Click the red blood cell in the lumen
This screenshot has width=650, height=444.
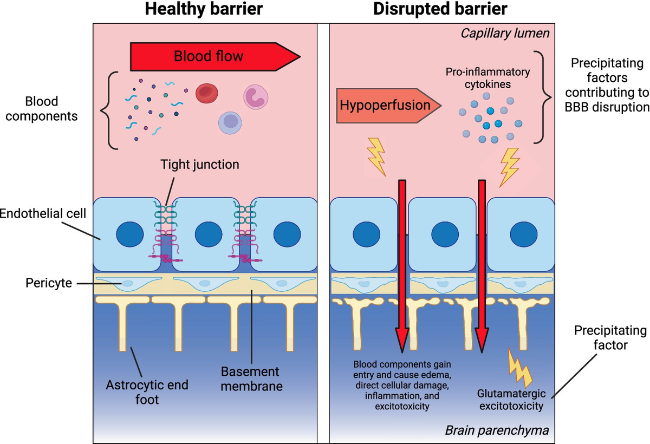click(x=206, y=94)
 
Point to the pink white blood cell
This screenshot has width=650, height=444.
click(x=256, y=96)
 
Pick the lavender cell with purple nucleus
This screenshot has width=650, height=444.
click(x=231, y=125)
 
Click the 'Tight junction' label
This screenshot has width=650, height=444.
click(x=200, y=164)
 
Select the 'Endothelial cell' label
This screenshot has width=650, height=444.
click(x=42, y=213)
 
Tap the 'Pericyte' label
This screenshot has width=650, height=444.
click(x=49, y=283)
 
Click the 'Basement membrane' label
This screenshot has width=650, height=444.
click(x=250, y=379)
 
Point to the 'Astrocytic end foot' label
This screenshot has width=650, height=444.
click(x=147, y=393)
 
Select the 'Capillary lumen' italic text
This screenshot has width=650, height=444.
click(x=505, y=34)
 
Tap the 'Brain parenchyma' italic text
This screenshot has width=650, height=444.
click(x=497, y=430)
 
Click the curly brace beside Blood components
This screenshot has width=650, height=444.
click(x=107, y=111)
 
